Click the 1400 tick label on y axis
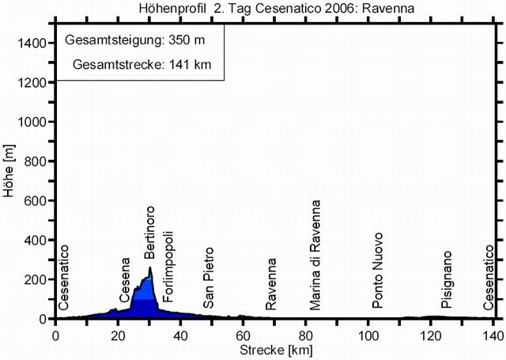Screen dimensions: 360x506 [x=32, y=43]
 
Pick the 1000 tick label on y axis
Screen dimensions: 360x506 [x=32, y=122]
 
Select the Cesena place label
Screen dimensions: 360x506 [x=125, y=281]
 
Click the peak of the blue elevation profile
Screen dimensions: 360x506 [x=150, y=267]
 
